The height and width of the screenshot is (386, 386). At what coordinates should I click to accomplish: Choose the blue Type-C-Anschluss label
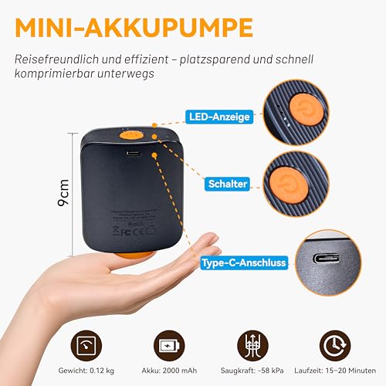tap(243, 262)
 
